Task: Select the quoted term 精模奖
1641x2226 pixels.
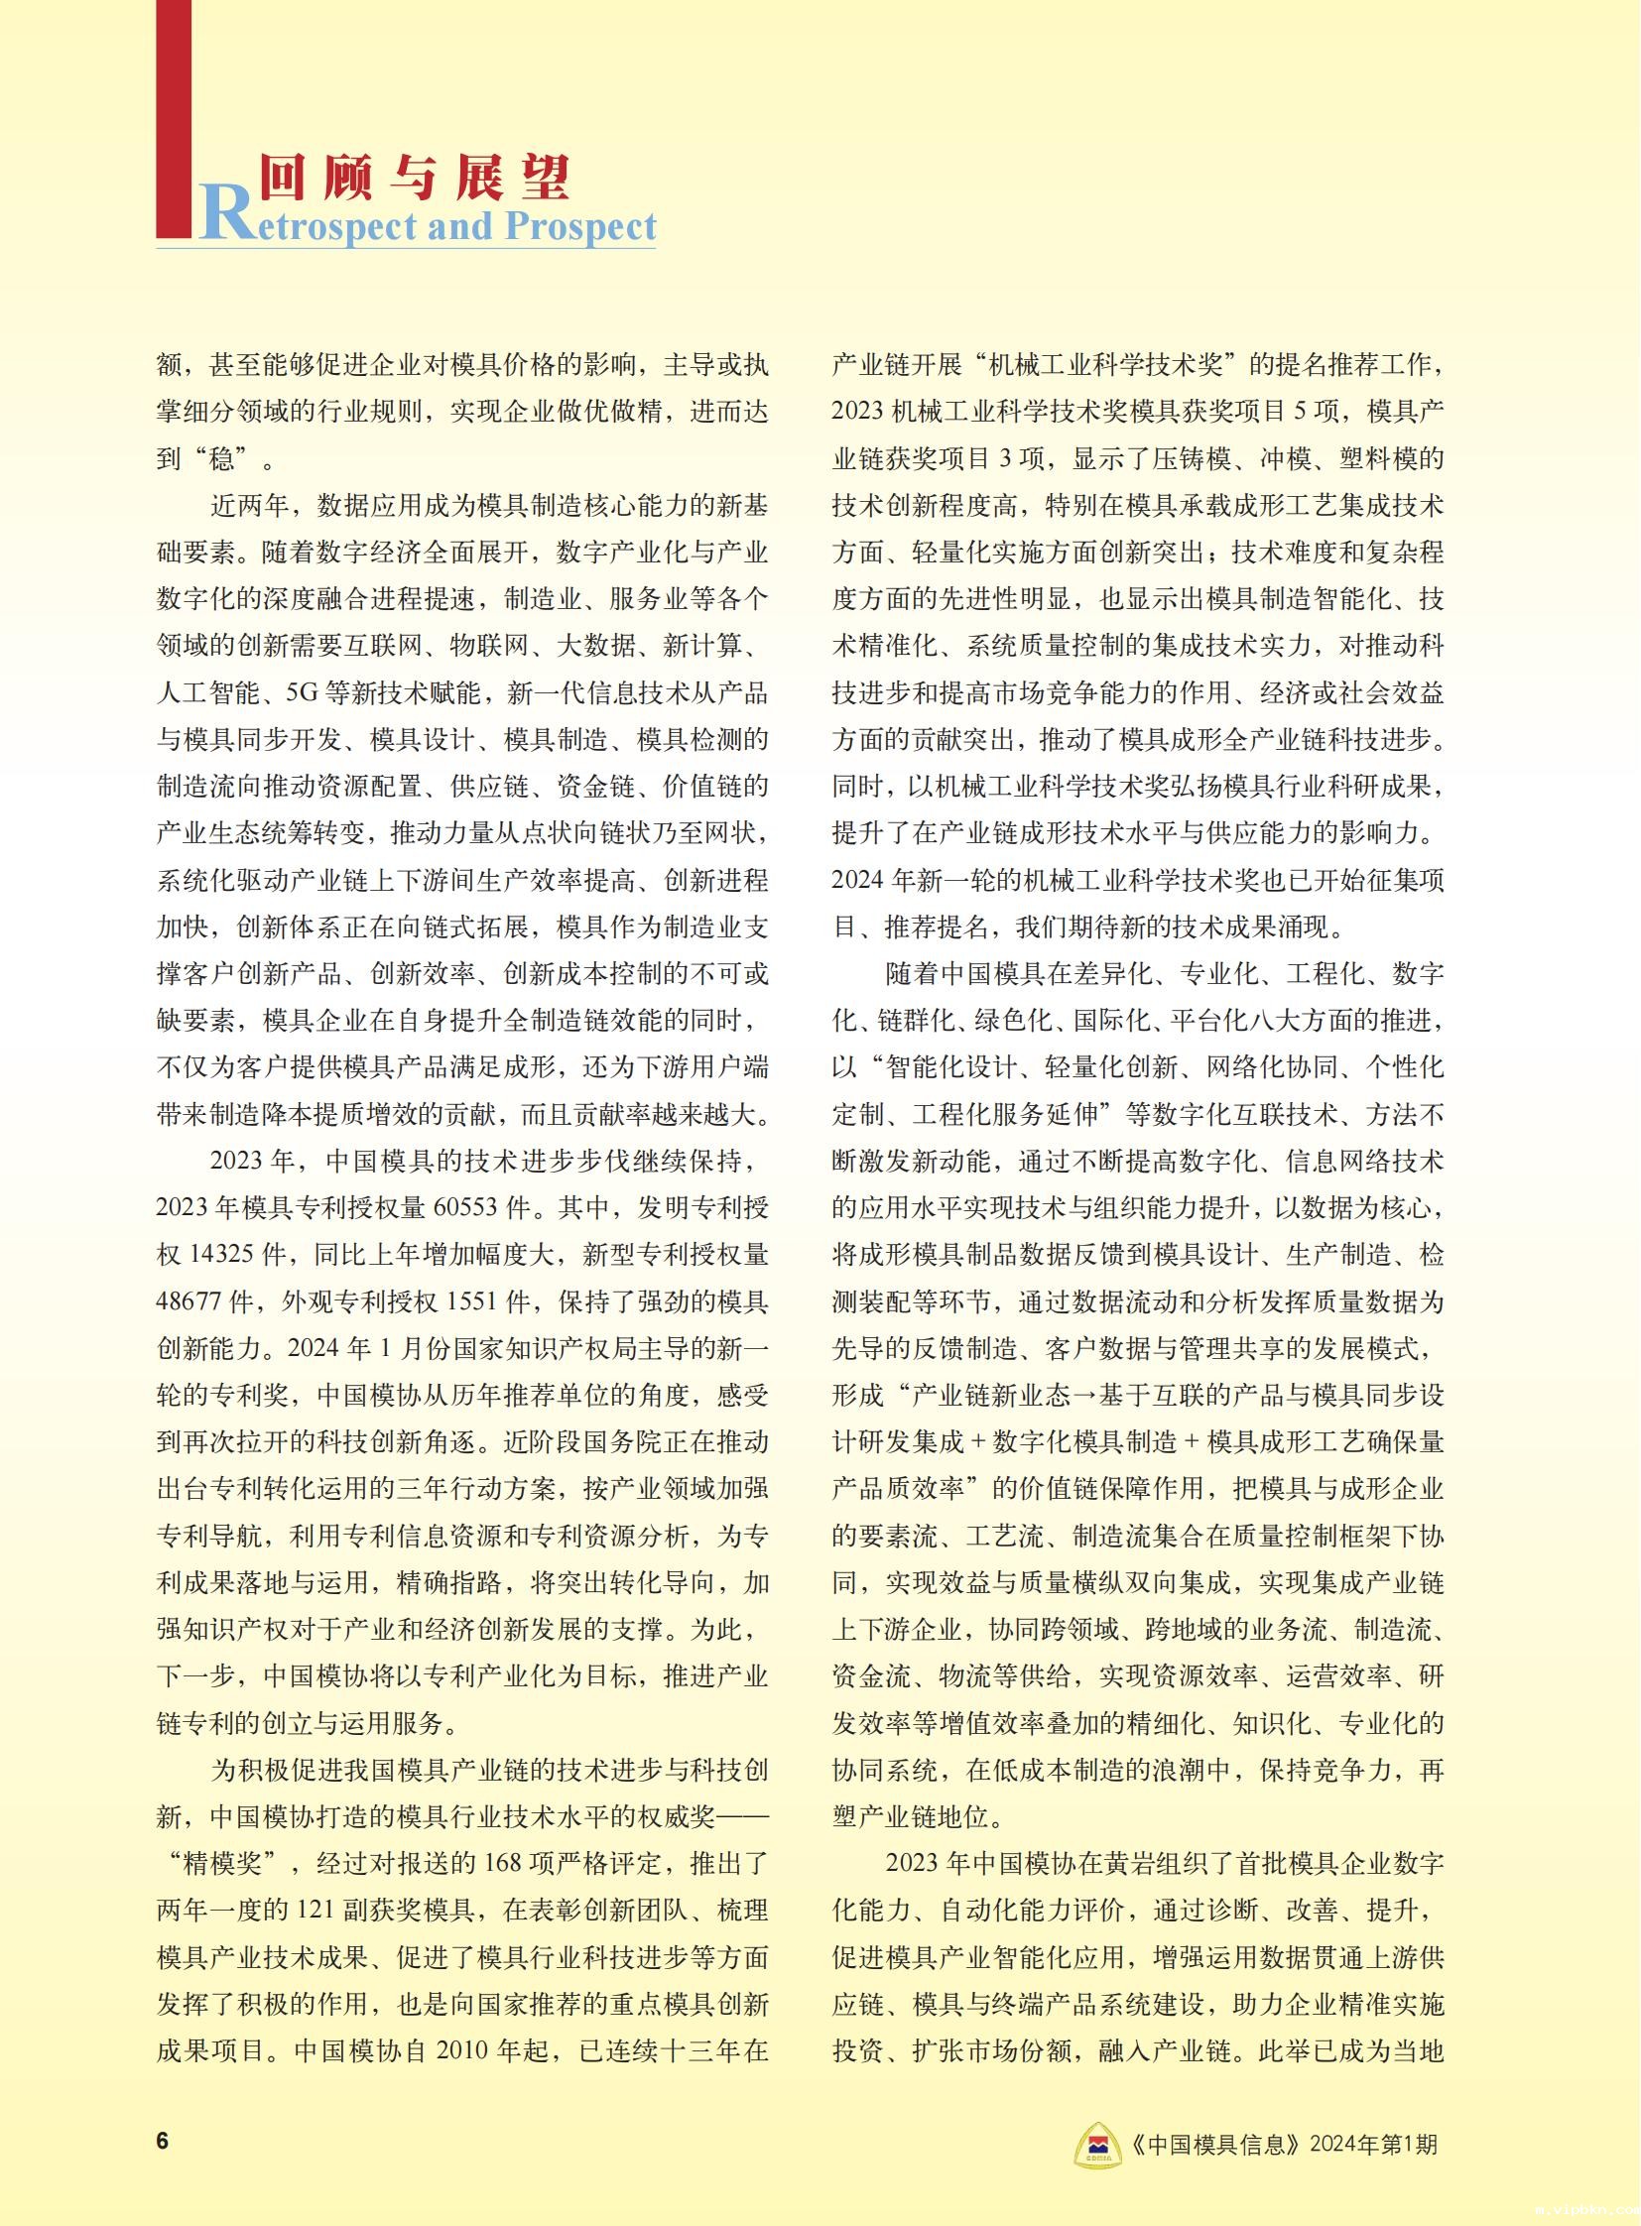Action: [235, 1864]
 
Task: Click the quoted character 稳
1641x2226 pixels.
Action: [220, 459]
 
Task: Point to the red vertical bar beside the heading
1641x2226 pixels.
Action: [174, 119]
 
